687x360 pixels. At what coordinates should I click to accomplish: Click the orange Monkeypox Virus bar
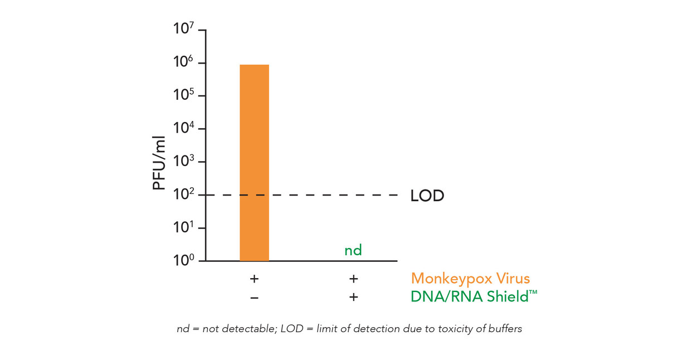pos(254,162)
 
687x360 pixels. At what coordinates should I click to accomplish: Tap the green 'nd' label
pos(353,250)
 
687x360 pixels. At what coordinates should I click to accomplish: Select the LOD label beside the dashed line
pos(427,196)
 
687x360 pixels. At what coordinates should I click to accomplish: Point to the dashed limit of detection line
pos(334,195)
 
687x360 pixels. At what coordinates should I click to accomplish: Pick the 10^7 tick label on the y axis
pos(183,28)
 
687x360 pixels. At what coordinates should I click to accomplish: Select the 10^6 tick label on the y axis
pos(183,62)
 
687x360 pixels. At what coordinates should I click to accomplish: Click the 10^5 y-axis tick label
pos(183,95)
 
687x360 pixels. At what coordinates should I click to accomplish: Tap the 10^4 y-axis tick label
pos(183,128)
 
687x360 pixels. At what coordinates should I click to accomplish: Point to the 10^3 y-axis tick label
pos(183,162)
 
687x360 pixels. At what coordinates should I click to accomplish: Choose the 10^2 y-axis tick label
pos(183,194)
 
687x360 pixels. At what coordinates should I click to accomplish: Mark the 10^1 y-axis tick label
pos(183,228)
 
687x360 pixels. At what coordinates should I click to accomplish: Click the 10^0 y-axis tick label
pos(183,260)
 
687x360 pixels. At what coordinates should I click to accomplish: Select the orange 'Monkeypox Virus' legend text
pos(470,279)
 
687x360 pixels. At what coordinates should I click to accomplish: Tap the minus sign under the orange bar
pos(254,298)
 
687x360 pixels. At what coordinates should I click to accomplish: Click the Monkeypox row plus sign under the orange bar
pos(254,279)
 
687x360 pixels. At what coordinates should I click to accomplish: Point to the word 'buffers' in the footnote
pos(504,329)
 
